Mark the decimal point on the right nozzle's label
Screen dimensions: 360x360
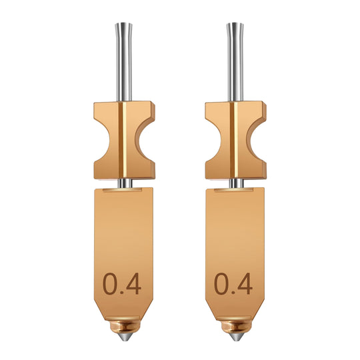coord(233,293)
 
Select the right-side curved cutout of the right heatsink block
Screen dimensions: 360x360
coord(257,142)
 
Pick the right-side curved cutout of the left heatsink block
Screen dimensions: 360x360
coord(146,142)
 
